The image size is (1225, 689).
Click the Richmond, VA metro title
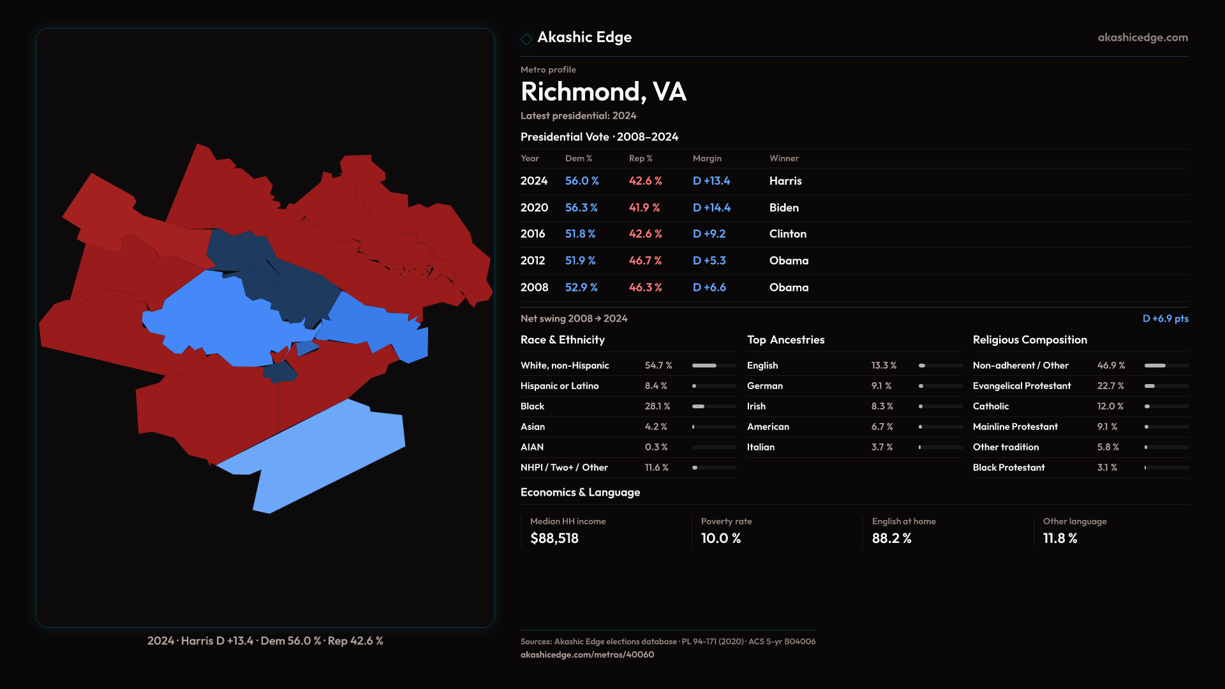[603, 92]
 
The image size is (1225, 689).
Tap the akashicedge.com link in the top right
[1143, 38]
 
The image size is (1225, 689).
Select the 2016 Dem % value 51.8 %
[580, 234]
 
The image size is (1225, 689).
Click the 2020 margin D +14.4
[711, 208]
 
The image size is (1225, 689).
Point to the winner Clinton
[787, 234]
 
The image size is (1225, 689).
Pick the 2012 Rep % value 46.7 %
[645, 261]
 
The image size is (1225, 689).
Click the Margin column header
[707, 158]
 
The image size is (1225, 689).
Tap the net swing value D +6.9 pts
[1165, 318]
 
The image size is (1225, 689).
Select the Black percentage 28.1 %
[657, 406]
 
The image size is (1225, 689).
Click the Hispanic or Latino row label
[560, 386]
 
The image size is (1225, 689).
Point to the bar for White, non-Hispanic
[714, 366]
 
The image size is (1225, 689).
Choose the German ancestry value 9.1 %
[881, 386]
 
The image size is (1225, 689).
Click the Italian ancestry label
[761, 447]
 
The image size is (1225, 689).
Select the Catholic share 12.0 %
[1111, 406]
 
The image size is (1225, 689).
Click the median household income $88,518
[554, 538]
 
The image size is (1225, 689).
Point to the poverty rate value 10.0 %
[721, 538]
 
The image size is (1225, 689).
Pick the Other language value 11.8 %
[1060, 538]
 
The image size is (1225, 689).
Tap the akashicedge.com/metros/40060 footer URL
[587, 655]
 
